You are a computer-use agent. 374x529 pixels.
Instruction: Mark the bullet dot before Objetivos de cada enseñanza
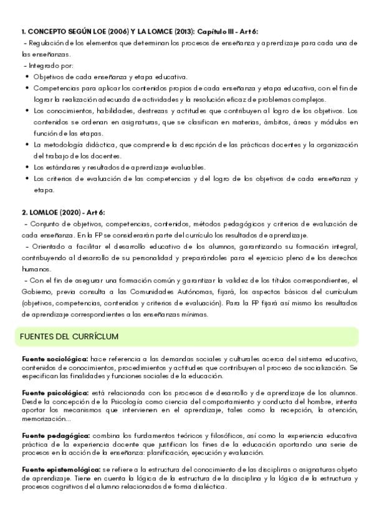click(27, 77)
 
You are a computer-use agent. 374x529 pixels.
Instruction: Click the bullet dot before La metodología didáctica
click(27, 145)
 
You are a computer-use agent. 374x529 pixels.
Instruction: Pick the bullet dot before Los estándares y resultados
click(27, 167)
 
